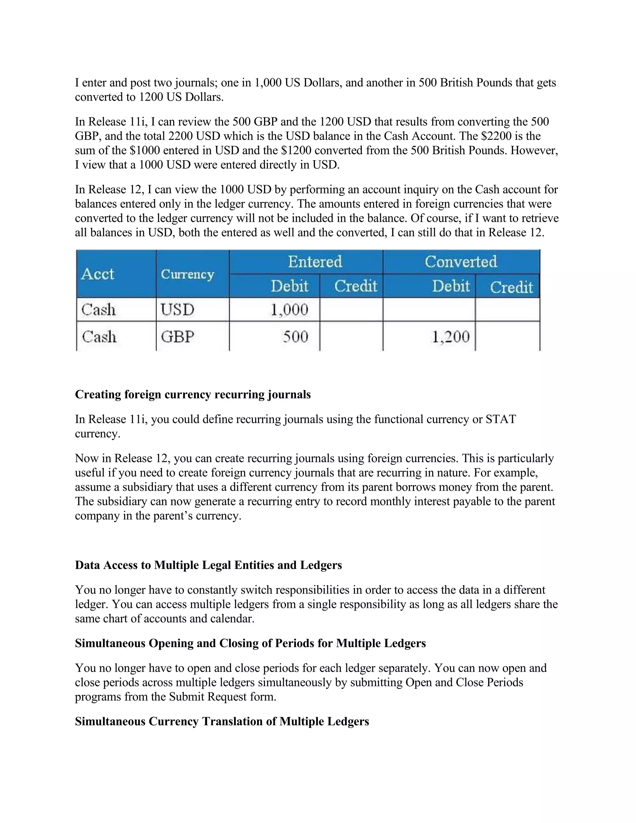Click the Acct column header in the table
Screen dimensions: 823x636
(98, 274)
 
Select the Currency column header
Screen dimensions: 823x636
(187, 274)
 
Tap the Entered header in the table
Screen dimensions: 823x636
(315, 261)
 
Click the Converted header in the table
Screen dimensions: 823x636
(461, 261)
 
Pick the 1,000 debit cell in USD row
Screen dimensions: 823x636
(289, 310)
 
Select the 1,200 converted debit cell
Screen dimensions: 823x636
(451, 337)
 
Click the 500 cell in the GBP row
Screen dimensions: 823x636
(295, 337)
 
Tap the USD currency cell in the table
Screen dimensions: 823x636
(177, 310)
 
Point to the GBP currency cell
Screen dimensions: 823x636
(177, 337)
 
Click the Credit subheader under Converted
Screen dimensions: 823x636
(511, 287)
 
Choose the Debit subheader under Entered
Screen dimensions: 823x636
(289, 286)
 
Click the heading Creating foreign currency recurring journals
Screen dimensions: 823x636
(193, 394)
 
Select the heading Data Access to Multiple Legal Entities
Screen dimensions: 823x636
(208, 565)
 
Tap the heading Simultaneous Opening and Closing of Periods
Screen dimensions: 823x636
(250, 643)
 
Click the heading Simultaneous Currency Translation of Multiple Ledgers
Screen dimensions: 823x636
(222, 721)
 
